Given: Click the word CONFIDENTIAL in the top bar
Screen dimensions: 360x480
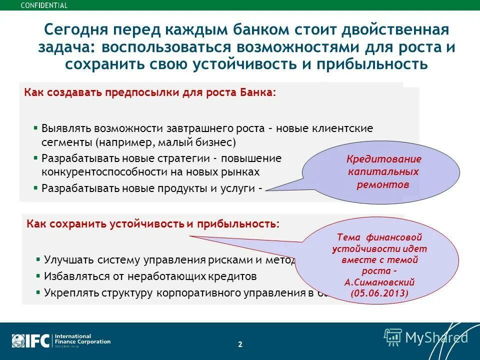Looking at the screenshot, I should [44, 5].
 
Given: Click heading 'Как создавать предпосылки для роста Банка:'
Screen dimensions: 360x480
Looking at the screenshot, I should [150, 93].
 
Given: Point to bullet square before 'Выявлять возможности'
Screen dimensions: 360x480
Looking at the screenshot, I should [35, 127].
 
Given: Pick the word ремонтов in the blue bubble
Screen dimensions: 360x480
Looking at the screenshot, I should [383, 184].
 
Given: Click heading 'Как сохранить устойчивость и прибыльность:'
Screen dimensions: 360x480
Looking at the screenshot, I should [153, 223].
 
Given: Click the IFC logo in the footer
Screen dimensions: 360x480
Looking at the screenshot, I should [31, 340].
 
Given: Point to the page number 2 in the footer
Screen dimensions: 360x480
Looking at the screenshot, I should [240, 344].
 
